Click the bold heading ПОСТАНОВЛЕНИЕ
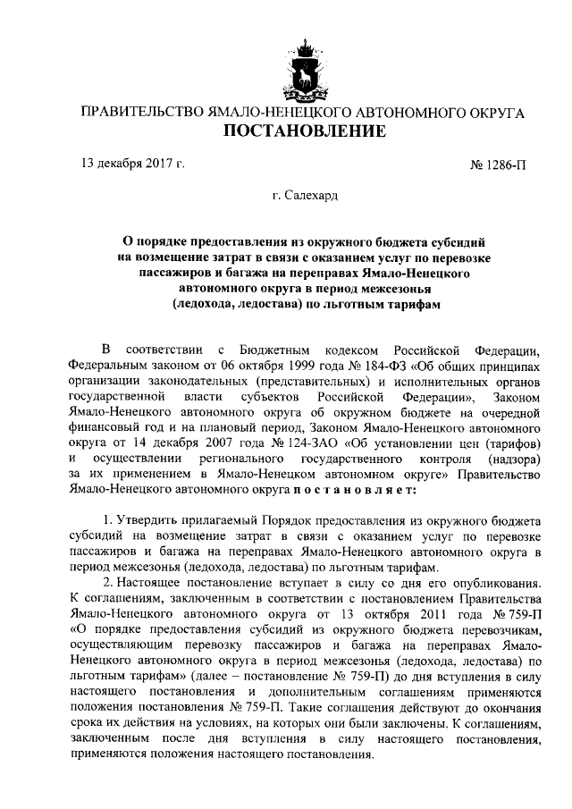[x=303, y=133]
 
